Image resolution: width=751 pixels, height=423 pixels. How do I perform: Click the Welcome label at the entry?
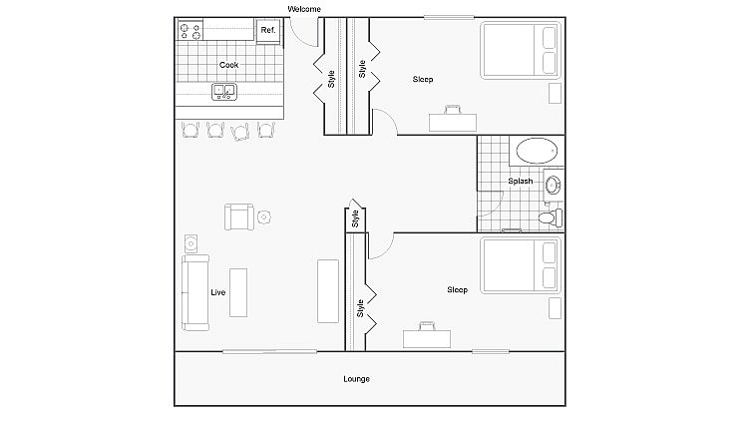pyautogui.click(x=304, y=9)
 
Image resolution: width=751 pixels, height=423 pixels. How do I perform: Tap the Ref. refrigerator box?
pyautogui.click(x=267, y=31)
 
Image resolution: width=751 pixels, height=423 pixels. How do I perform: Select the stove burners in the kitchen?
pyautogui.click(x=190, y=31)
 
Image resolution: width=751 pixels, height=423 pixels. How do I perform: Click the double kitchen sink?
pyautogui.click(x=224, y=92)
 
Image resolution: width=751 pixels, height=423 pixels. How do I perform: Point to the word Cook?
pyautogui.click(x=228, y=65)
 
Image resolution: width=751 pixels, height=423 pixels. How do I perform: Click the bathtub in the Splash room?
pyautogui.click(x=537, y=153)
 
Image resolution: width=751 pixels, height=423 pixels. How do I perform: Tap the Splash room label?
pyautogui.click(x=520, y=182)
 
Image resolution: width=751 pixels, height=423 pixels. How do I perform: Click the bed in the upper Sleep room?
pyautogui.click(x=520, y=50)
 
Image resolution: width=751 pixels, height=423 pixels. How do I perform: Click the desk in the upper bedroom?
pyautogui.click(x=452, y=121)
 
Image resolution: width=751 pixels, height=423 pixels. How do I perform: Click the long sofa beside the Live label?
pyautogui.click(x=193, y=293)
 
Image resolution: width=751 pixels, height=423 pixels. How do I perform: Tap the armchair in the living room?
pyautogui.click(x=238, y=216)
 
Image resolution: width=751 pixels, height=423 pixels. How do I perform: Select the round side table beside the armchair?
pyautogui.click(x=264, y=216)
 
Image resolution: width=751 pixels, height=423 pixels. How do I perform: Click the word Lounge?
pyautogui.click(x=356, y=379)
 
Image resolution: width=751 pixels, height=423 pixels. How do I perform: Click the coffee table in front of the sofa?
pyautogui.click(x=238, y=292)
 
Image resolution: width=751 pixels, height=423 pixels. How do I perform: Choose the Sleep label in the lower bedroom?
pyautogui.click(x=457, y=290)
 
